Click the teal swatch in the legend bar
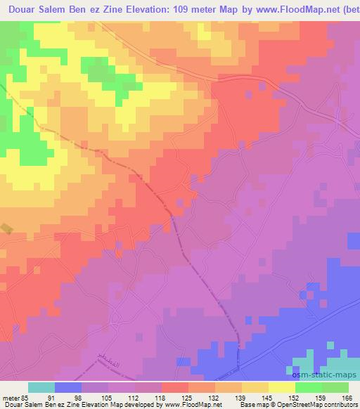[x=41, y=387]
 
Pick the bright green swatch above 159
[x=309, y=387]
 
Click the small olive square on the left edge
[x=6, y=228]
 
